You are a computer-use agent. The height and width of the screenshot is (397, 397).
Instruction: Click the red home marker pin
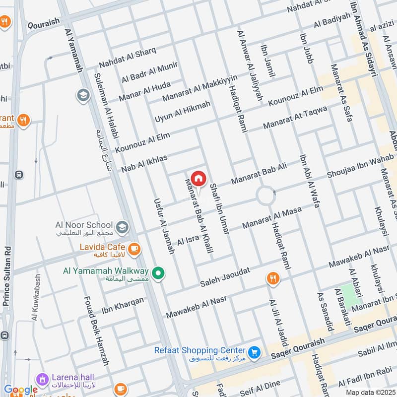coord(198,178)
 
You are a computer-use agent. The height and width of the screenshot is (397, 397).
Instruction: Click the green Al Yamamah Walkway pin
coord(158,273)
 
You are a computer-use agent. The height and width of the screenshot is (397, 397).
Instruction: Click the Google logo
coord(21,390)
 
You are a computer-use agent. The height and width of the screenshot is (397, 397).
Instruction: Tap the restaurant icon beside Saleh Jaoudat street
coord(272,279)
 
